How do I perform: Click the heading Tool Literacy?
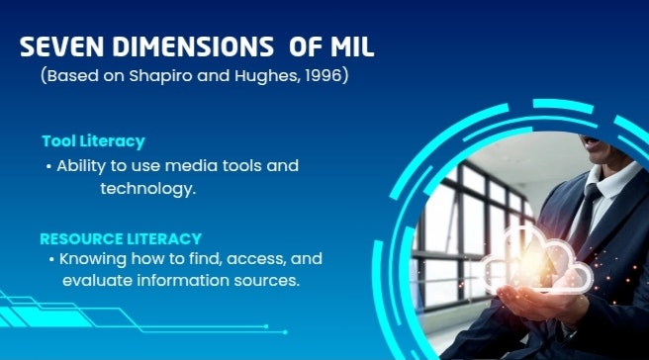93,141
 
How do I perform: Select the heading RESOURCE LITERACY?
121,238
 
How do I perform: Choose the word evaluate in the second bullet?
95,281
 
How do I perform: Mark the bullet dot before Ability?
48,166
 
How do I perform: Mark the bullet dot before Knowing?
52,259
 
